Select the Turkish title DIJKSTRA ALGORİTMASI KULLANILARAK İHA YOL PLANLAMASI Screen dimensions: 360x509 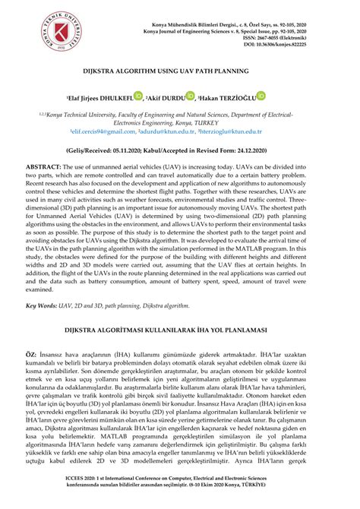click(180, 331)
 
